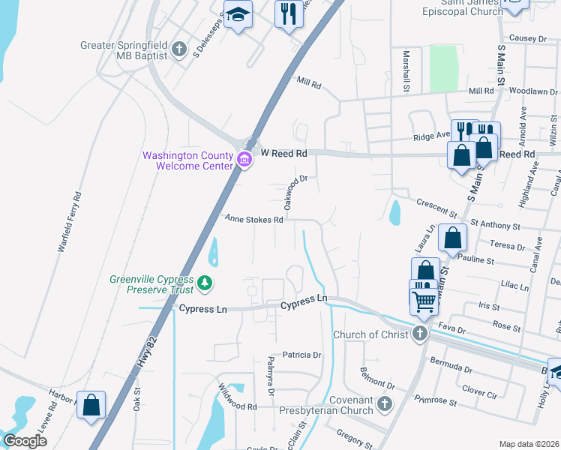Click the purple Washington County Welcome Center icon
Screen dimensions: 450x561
[243, 159]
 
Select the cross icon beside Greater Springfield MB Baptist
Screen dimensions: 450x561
[178, 49]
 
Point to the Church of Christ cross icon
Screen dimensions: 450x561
[420, 334]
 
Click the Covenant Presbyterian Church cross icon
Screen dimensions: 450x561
[384, 404]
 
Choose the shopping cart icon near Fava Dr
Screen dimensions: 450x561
[424, 300]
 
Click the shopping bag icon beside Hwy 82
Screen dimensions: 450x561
[91, 406]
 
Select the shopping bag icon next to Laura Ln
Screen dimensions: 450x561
[452, 238]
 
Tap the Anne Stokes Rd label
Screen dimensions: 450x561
[254, 220]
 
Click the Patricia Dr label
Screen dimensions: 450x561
[301, 355]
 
